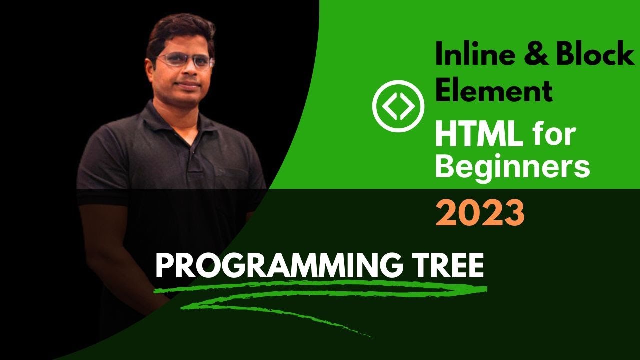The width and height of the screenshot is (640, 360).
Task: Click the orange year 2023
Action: tap(480, 213)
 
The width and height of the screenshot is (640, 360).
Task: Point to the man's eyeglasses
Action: tap(185, 61)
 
